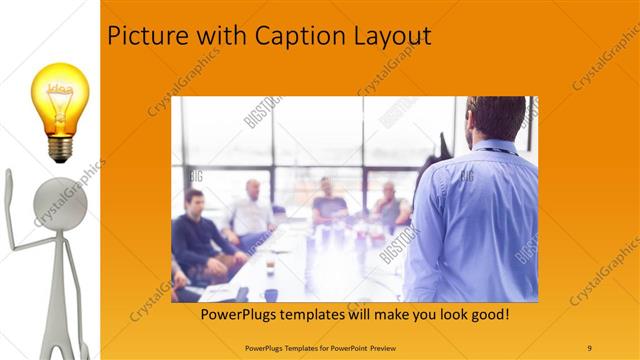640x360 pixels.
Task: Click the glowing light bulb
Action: (x=61, y=100)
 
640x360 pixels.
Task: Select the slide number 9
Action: (x=590, y=346)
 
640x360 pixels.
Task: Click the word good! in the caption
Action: (x=489, y=315)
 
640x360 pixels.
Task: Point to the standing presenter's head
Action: (x=497, y=118)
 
